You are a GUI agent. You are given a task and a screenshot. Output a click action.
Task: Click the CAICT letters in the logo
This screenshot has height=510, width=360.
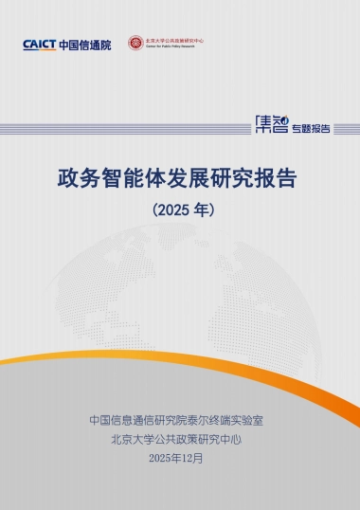point(39,45)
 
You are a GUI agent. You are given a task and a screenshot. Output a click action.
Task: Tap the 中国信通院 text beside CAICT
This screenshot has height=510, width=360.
point(84,45)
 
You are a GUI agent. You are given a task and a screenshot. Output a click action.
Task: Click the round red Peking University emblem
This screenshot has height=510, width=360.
point(135,43)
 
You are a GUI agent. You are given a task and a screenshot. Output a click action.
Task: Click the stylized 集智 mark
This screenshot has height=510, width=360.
point(274,124)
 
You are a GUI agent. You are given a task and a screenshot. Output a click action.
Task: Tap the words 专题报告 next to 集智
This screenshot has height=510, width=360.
point(311,126)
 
